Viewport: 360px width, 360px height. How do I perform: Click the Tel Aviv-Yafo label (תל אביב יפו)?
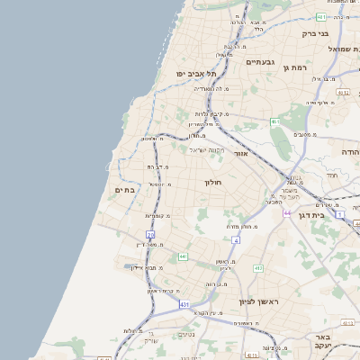192,73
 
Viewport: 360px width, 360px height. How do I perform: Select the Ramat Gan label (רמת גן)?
295,67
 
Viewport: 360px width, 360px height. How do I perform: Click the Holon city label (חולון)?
212,182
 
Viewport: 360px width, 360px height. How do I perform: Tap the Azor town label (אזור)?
240,154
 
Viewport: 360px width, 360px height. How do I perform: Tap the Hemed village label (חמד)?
331,175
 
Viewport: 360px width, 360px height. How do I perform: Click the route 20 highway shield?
151,235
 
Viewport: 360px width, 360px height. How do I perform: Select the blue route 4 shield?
236,240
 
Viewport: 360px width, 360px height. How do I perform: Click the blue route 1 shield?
340,214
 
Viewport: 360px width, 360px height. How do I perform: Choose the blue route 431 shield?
184,305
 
